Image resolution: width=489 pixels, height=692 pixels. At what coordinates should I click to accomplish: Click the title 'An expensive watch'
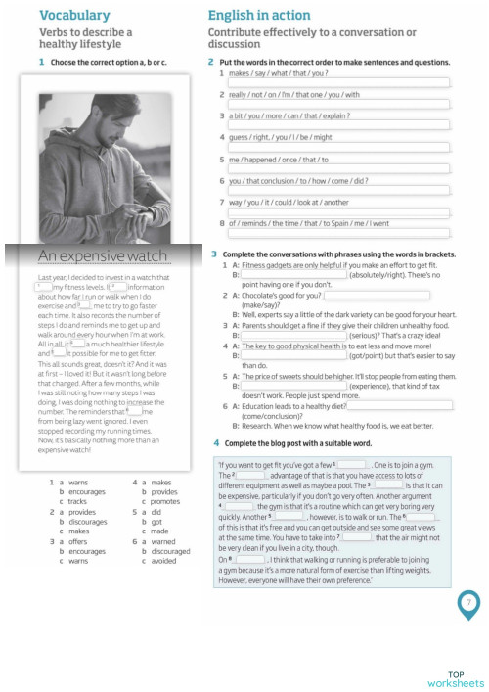pos(103,256)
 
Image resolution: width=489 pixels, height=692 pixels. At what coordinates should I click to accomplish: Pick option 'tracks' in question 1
pos(77,501)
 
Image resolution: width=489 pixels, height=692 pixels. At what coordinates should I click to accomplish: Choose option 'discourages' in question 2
pos(87,522)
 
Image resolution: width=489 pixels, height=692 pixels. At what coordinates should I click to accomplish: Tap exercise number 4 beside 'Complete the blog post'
pos(215,443)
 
